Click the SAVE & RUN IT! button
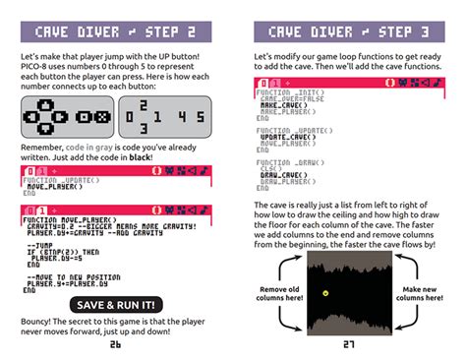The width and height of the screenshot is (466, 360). pos(115,305)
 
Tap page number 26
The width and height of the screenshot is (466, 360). pos(115,345)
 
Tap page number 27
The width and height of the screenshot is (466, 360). pos(349,345)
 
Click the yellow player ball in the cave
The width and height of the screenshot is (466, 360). pos(325,292)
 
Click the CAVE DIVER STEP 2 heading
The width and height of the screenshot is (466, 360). pos(115,31)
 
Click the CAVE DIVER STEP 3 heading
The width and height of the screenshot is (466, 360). pos(349,31)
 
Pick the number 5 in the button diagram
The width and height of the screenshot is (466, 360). pos(198,117)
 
